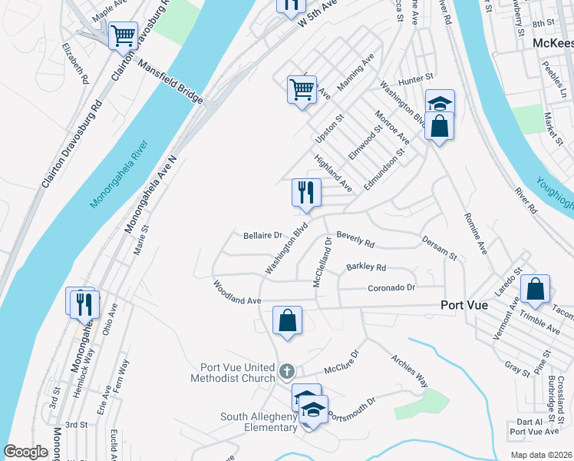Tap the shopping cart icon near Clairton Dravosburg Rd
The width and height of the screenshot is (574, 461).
click(x=123, y=35)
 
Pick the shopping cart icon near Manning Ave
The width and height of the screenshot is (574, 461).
click(x=302, y=89)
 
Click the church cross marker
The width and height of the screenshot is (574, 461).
click(x=287, y=372)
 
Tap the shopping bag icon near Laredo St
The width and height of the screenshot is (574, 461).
click(x=535, y=290)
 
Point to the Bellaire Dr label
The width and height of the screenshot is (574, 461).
click(x=263, y=235)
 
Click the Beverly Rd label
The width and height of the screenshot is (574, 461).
click(x=355, y=241)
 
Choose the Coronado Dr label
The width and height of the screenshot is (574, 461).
click(x=391, y=287)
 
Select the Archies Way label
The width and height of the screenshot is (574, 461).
click(x=409, y=370)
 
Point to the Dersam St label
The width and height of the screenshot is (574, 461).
click(x=439, y=247)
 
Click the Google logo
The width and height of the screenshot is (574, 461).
click(x=25, y=452)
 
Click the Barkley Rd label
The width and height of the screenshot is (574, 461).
click(x=366, y=267)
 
